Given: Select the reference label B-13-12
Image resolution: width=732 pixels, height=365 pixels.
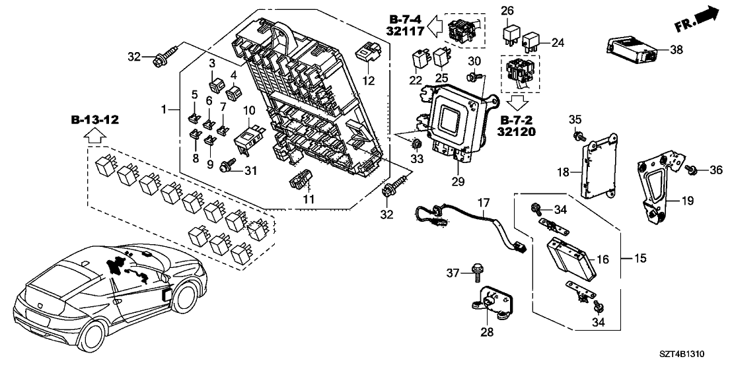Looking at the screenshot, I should click(94, 120).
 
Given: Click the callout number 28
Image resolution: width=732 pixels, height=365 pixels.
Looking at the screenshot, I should click(487, 332).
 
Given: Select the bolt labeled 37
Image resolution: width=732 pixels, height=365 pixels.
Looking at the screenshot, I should click(476, 271).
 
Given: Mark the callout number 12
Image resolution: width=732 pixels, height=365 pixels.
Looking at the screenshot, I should click(369, 81).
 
